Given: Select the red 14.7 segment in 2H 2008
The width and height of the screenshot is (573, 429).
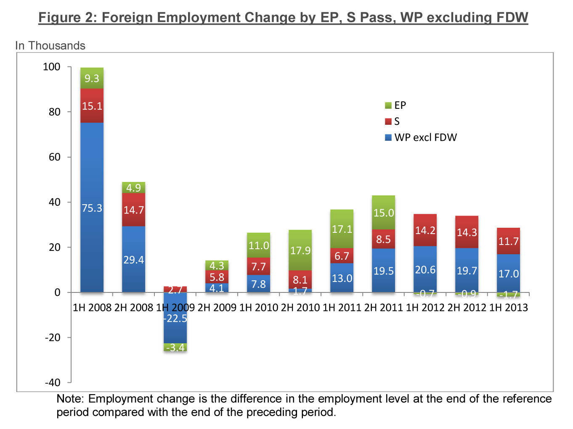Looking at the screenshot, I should [x=133, y=210].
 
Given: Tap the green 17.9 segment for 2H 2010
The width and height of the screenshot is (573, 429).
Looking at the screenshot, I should [x=300, y=250].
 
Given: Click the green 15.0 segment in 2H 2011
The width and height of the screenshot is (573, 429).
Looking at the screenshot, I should [x=383, y=213].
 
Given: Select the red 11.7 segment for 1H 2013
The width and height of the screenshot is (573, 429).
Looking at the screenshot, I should [x=508, y=241].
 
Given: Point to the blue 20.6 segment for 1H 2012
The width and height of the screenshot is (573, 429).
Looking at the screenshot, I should [x=425, y=269].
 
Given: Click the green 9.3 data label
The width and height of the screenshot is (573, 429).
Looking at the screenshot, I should [x=92, y=79].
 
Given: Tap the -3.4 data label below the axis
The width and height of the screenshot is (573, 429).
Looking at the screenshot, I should [x=175, y=347].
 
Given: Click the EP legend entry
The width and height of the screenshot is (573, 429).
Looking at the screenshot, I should [x=400, y=105].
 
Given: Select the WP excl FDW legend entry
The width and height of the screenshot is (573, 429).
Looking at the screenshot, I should [x=425, y=137].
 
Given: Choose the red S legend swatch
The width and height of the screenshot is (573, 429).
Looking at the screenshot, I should [x=388, y=121].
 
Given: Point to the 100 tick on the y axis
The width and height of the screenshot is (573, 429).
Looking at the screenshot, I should [x=52, y=67].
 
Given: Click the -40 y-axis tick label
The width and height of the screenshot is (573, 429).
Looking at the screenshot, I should [x=53, y=382].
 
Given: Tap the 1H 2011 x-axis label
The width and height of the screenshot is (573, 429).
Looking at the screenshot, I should [x=342, y=308].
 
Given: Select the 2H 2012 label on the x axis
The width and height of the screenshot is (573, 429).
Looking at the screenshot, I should [x=467, y=308].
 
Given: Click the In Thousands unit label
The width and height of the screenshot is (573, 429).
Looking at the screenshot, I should [x=50, y=45].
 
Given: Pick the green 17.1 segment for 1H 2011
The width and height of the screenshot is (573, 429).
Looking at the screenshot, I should [x=342, y=229].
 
